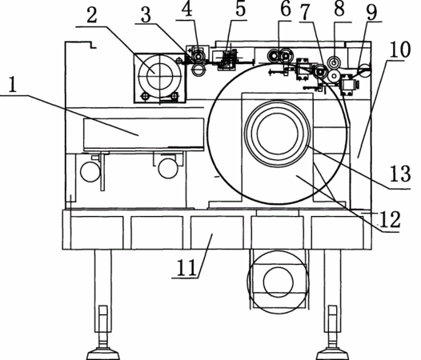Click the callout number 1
pyautogui.click(x=12, y=84)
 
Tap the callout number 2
pyautogui.click(x=92, y=15)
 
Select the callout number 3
pyautogui.click(x=146, y=15)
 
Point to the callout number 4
pyautogui.click(x=187, y=10)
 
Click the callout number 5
pyautogui.click(x=241, y=9)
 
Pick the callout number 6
pyautogui.click(x=286, y=10)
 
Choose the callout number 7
pyautogui.click(x=306, y=12)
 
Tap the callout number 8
pyautogui.click(x=339, y=9)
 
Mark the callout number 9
pyautogui.click(x=372, y=12)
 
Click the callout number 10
pyautogui.click(x=400, y=50)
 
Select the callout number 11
pyautogui.click(x=186, y=268)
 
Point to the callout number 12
pyautogui.click(x=390, y=219)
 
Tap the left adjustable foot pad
pyautogui.click(x=102, y=354)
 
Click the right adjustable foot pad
pyautogui.click(x=333, y=354)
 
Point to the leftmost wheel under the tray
pyautogui.click(x=90, y=172)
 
